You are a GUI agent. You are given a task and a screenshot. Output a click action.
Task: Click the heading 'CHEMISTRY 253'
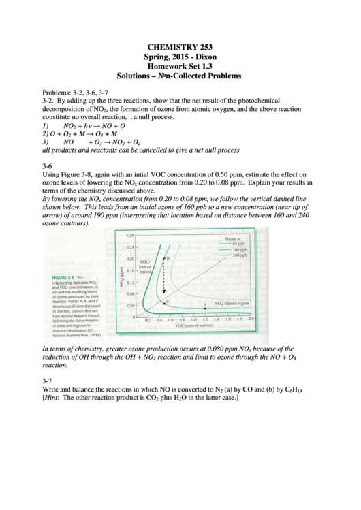click(x=180, y=46)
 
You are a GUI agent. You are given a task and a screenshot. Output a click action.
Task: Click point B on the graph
click(x=167, y=259)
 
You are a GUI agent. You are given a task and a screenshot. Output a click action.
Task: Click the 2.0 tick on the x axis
click(x=251, y=319)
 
